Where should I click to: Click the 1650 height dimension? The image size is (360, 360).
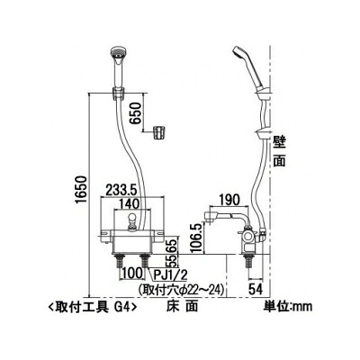click(81, 189)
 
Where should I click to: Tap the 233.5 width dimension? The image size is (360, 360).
click(121, 190)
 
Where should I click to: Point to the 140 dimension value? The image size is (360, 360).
click(129, 204)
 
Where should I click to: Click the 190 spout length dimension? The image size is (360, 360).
click(229, 200)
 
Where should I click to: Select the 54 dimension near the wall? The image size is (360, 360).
click(256, 289)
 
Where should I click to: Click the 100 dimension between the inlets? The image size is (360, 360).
click(131, 274)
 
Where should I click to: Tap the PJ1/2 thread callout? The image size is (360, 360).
click(168, 274)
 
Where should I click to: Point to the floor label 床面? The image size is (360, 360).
click(183, 306)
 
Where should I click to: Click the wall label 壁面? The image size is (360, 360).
click(279, 151)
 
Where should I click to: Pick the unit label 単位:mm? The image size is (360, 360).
click(288, 306)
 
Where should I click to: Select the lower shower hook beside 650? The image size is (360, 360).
click(159, 132)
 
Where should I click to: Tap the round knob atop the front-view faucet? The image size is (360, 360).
click(132, 219)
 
